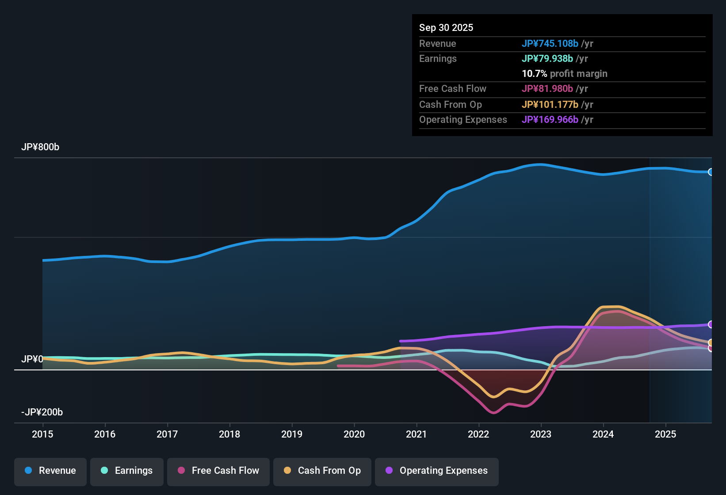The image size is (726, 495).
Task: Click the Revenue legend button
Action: [x=50, y=471]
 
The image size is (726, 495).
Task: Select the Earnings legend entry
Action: [x=127, y=471]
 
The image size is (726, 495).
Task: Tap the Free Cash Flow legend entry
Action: [x=218, y=471]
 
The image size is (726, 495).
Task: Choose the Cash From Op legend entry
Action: [x=322, y=471]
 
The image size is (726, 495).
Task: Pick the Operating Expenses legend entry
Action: [x=437, y=471]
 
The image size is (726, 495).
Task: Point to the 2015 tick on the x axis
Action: [x=42, y=434]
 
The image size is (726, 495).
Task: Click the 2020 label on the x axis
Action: [x=354, y=434]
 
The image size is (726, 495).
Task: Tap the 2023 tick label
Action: [x=541, y=434]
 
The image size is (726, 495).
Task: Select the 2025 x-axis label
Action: [x=665, y=434]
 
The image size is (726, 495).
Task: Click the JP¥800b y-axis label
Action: [x=40, y=147]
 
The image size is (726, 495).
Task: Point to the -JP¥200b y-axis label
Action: [x=42, y=412]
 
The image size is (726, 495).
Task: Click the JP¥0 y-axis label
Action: [x=32, y=359]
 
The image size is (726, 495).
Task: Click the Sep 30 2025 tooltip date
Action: [x=446, y=27]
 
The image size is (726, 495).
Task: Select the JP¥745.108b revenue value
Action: [x=550, y=43]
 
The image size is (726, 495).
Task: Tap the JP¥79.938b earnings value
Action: [x=547, y=58]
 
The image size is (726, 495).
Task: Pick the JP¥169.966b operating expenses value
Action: [x=550, y=119]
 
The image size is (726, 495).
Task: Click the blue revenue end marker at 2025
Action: [x=711, y=172]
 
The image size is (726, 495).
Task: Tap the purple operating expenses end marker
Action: [x=711, y=324]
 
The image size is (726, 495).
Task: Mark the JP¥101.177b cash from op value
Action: [x=550, y=104]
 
